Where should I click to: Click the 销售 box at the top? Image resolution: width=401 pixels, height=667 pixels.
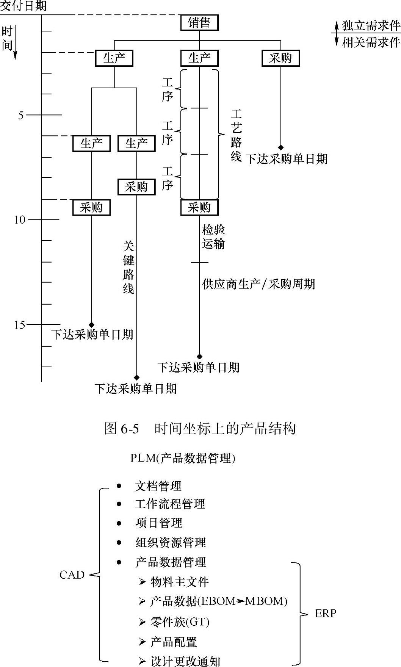tap(199, 23)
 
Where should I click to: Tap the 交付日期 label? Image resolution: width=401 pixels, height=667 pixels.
tap(23, 6)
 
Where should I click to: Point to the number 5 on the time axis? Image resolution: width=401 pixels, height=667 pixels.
tap(21, 115)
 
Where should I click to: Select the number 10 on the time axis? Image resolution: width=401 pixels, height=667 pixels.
tap(20, 220)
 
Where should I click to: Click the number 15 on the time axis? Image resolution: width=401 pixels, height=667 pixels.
tap(20, 325)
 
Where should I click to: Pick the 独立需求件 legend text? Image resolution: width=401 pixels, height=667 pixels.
tap(371, 25)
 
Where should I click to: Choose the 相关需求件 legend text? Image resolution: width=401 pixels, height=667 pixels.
tap(371, 42)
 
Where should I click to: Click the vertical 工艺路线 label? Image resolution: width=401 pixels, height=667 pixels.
tap(236, 135)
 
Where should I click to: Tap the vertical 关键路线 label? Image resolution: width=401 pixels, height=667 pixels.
tap(128, 268)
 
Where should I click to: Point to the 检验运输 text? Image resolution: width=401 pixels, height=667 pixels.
tap(213, 236)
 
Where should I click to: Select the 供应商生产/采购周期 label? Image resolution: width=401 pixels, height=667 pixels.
tap(258, 284)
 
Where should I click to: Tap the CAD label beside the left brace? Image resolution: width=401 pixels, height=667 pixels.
tap(72, 575)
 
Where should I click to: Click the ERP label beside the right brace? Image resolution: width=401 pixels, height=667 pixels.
tap(326, 613)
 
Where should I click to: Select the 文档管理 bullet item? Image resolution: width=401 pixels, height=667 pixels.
tap(158, 486)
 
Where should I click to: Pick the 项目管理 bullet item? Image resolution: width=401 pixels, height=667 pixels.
tap(159, 523)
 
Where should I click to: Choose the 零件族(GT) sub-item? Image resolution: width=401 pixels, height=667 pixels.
tap(180, 622)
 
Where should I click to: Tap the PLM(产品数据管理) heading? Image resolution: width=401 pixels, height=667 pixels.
tap(183, 458)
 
